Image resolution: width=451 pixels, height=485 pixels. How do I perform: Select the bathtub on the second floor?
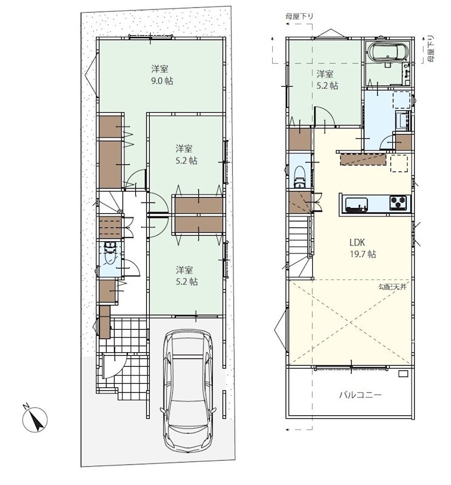click(x=388, y=52)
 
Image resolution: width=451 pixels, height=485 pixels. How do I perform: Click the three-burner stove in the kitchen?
click(x=399, y=203)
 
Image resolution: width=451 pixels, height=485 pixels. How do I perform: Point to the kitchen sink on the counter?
click(x=356, y=205)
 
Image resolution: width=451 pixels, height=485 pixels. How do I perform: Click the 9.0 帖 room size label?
click(x=162, y=81)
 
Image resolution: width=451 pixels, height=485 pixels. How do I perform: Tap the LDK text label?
click(x=357, y=242)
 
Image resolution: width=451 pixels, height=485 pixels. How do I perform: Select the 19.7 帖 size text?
click(x=363, y=254)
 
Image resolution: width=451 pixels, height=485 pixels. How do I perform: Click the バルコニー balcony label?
click(x=360, y=395)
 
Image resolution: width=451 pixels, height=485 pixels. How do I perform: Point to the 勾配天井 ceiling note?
click(x=392, y=287)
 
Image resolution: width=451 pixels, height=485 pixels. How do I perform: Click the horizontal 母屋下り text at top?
click(x=299, y=16)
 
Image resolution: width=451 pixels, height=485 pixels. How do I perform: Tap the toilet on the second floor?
click(x=299, y=176)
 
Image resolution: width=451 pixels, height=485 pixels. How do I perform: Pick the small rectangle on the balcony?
click(x=403, y=373)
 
